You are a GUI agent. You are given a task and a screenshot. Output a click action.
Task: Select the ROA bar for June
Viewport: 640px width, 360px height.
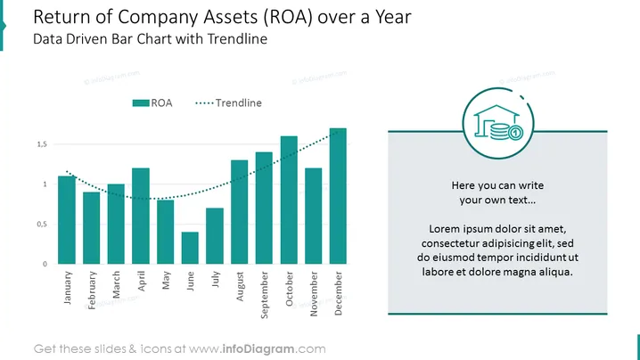190,248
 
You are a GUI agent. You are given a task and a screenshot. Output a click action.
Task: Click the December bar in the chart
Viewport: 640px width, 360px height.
338,196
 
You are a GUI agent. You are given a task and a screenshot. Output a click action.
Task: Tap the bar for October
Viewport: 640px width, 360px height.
289,200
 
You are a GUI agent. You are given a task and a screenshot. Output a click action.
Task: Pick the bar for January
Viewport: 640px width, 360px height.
67,219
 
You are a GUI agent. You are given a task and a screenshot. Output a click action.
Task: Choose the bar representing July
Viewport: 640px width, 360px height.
215,236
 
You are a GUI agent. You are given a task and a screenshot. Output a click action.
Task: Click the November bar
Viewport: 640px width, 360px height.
314,216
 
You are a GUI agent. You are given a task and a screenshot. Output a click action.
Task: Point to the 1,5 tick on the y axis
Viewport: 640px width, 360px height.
42,144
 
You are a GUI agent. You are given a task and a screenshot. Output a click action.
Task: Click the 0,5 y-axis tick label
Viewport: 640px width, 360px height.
42,224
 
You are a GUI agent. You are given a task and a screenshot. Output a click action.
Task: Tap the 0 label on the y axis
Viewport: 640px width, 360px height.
45,264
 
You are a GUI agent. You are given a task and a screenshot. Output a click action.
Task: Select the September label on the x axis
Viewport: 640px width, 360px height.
265,295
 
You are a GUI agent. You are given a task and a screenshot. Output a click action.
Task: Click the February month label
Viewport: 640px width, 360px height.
92,290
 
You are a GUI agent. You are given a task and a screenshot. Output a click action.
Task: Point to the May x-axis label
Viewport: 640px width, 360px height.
166,281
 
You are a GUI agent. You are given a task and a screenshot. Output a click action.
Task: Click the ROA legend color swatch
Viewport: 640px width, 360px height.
141,102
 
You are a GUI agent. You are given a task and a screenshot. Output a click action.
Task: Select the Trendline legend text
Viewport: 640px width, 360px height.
238,102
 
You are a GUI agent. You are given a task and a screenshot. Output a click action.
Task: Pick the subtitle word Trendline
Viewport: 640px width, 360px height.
237,39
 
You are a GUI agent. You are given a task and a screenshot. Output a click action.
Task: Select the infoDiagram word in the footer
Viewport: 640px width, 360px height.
258,349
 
